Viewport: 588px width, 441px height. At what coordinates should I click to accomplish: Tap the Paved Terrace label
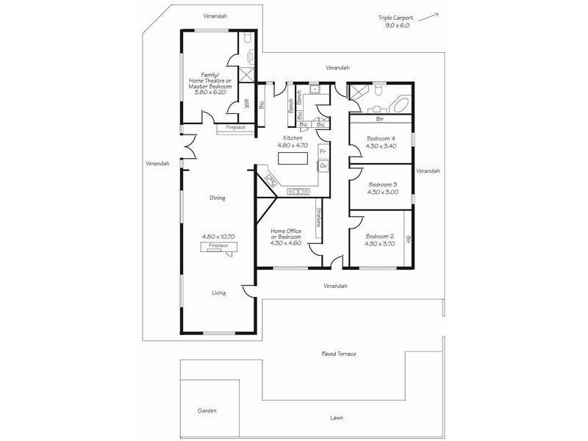339,354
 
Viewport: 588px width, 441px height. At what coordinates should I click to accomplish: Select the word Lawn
337,417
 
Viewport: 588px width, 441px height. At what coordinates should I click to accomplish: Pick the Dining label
216,198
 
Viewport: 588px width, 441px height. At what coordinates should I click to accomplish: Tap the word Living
218,293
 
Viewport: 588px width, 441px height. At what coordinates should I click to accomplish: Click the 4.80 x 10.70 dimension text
218,237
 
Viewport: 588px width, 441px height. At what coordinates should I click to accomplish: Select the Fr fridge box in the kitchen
323,152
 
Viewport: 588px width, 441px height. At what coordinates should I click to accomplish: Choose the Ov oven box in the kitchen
323,166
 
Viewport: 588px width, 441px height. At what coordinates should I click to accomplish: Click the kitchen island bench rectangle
293,157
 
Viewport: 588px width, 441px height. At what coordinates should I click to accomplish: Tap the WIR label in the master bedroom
247,104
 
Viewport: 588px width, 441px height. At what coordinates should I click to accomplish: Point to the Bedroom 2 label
380,240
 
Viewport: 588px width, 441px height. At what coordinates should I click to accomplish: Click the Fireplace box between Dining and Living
218,246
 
